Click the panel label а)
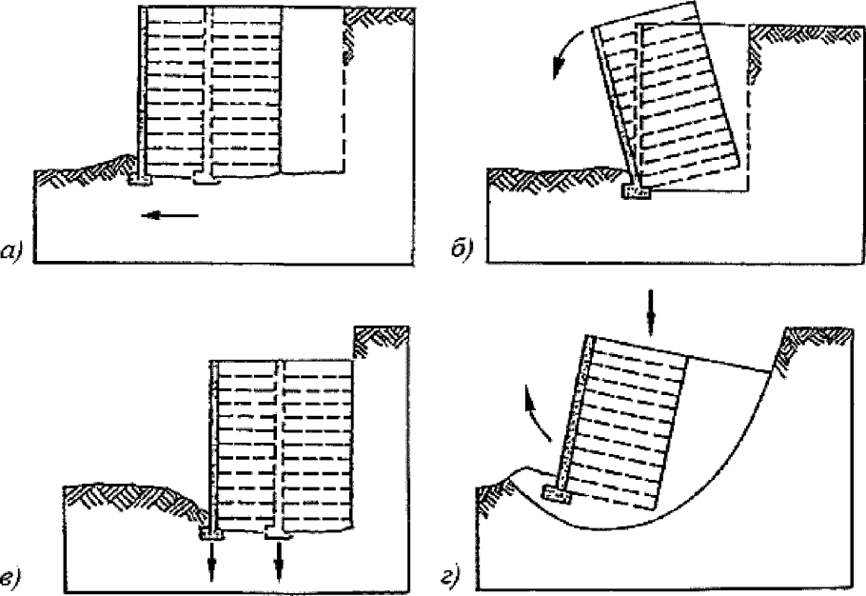13,251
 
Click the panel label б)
463,249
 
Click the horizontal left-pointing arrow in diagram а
169,215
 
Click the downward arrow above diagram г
651,312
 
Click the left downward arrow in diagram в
211,561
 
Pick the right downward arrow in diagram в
279,561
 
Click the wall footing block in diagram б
638,192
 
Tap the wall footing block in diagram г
557,494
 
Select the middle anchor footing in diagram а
207,178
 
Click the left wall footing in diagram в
211,533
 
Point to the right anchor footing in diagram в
278,533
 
